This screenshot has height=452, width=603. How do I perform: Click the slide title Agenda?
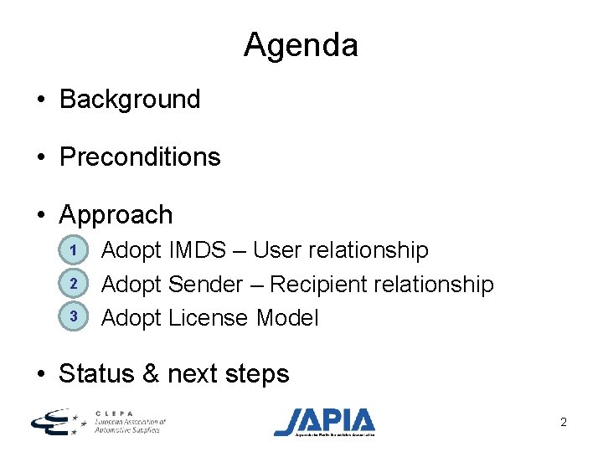[x=301, y=45]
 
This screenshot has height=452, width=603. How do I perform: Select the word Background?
[x=130, y=100]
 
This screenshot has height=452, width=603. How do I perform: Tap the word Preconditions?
[x=140, y=157]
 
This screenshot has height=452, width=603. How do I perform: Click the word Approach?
[x=116, y=215]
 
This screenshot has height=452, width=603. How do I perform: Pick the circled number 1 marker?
[x=74, y=250]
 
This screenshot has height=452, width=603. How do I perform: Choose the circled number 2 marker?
[x=74, y=284]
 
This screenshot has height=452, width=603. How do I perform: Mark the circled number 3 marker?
[x=74, y=316]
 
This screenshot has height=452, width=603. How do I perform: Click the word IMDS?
[x=197, y=250]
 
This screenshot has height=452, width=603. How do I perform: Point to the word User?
[x=282, y=250]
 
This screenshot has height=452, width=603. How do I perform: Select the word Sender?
[x=205, y=285]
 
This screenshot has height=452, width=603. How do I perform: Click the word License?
[x=209, y=318]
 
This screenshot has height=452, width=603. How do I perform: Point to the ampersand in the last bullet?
[x=151, y=373]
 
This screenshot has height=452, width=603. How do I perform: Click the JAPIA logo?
[x=325, y=421]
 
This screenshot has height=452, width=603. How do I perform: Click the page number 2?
[x=564, y=423]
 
